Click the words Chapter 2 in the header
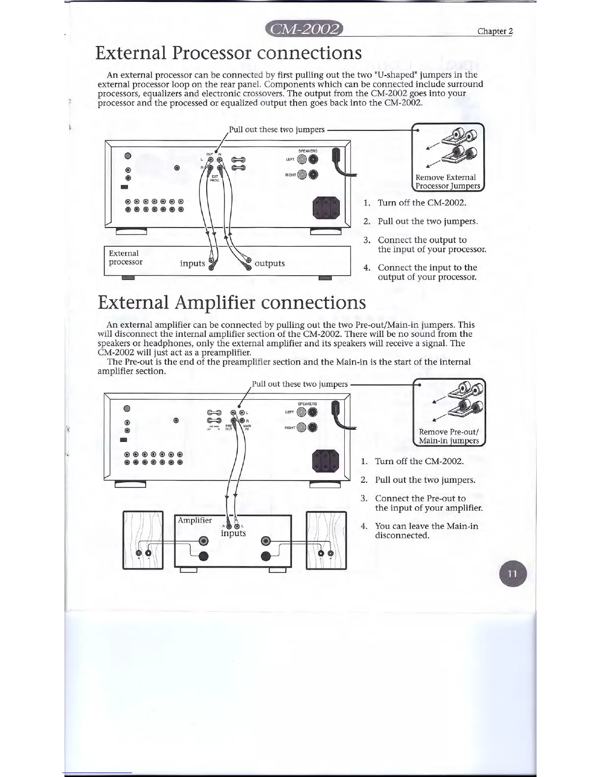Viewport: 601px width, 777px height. point(495,31)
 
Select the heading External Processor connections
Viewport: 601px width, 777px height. point(228,52)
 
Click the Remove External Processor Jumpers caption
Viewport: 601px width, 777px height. point(447,181)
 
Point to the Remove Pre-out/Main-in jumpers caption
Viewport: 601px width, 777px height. point(448,436)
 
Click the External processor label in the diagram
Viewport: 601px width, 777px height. point(126,258)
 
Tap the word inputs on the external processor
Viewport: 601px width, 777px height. point(192,263)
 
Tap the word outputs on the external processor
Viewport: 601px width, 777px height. point(270,263)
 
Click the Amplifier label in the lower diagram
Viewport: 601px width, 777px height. point(195,520)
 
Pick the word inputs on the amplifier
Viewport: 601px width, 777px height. point(233,533)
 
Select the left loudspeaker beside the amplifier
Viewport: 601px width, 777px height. point(143,540)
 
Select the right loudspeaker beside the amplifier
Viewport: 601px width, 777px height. point(326,540)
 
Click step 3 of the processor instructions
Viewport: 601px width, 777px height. point(427,244)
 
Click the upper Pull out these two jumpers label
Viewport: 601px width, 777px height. point(276,129)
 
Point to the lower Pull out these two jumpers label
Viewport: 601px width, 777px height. point(300,384)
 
